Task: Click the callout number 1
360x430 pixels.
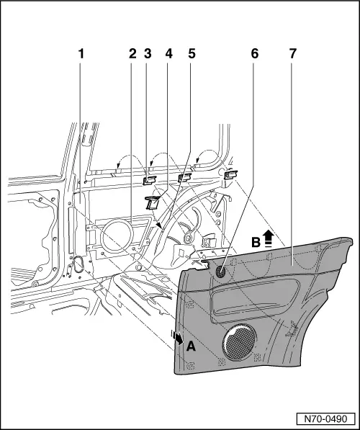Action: pyautogui.click(x=81, y=54)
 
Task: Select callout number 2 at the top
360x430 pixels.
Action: pyautogui.click(x=132, y=54)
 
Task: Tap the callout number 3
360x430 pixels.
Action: pyautogui.click(x=148, y=54)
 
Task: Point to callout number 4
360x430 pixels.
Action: pyautogui.click(x=169, y=54)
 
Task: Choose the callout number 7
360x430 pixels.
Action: pyautogui.click(x=292, y=54)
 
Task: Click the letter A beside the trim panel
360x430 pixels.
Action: pyautogui.click(x=191, y=346)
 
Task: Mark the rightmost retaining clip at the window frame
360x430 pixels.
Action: pyautogui.click(x=230, y=174)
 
